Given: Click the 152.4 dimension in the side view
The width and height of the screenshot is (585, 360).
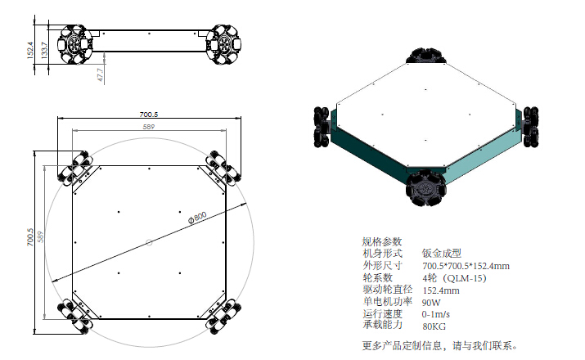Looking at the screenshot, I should click(x=31, y=51).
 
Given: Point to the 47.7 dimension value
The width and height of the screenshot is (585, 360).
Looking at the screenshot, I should click(x=100, y=74).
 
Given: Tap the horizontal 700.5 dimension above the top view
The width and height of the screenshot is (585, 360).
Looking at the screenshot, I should click(x=148, y=114).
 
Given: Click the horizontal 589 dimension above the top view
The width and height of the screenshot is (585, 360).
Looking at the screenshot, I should click(x=148, y=127).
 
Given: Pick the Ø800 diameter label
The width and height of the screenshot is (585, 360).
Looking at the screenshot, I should click(x=196, y=217).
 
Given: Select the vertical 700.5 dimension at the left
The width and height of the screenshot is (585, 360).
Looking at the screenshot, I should click(x=31, y=237).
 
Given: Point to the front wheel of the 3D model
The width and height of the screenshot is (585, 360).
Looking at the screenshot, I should click(x=425, y=187).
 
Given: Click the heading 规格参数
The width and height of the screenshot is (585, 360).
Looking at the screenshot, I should click(x=382, y=241).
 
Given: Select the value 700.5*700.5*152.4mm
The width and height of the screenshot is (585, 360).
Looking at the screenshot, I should click(x=466, y=266).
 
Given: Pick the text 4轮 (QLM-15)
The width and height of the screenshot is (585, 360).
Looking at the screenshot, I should click(x=455, y=278).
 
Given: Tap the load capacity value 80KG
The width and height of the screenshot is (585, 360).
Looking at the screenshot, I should click(x=434, y=326).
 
